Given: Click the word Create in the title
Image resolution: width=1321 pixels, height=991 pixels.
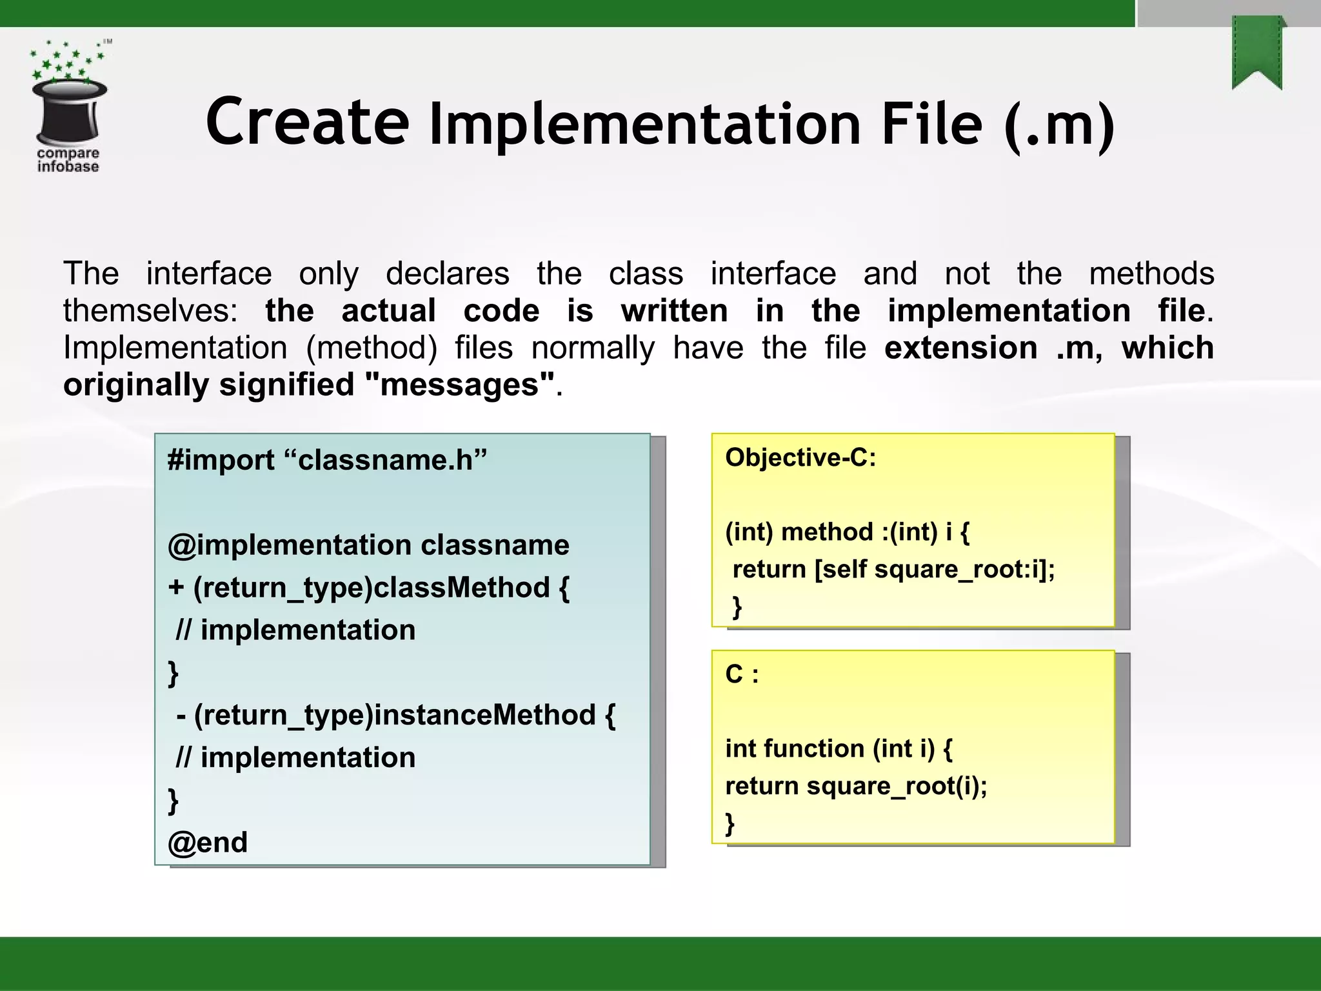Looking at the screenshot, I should click(307, 121).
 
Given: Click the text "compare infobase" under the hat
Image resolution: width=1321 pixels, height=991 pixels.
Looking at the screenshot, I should click(68, 160).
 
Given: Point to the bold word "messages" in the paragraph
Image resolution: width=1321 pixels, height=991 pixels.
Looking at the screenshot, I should click(460, 385).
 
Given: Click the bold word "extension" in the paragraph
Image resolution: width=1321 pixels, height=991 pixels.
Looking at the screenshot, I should click(960, 348).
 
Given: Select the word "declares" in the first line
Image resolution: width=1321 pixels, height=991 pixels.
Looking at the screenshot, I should click(447, 274).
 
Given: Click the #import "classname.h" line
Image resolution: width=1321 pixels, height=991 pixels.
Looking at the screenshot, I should click(327, 460).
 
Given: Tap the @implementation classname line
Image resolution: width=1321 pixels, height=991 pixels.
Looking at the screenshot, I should click(368, 545).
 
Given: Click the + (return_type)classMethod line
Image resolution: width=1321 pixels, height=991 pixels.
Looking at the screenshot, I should click(368, 588).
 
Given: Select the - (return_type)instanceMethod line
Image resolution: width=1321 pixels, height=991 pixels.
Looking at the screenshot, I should click(395, 715).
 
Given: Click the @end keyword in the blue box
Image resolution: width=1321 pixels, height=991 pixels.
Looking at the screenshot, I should click(207, 843).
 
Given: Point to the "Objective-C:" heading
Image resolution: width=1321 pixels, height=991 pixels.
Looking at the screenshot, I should click(800, 457).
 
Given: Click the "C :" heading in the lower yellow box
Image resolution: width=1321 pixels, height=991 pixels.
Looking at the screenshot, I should click(742, 674).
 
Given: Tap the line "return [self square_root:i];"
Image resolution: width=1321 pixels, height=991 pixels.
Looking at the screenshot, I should click(893, 570).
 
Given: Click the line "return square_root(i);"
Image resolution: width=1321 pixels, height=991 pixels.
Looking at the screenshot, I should click(856, 786).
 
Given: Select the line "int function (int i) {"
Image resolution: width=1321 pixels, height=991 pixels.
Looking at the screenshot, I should click(839, 749).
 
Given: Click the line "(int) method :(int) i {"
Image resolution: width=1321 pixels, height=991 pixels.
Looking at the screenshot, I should click(847, 532).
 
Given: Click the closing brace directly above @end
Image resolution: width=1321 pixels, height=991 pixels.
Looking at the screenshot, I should click(173, 800).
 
